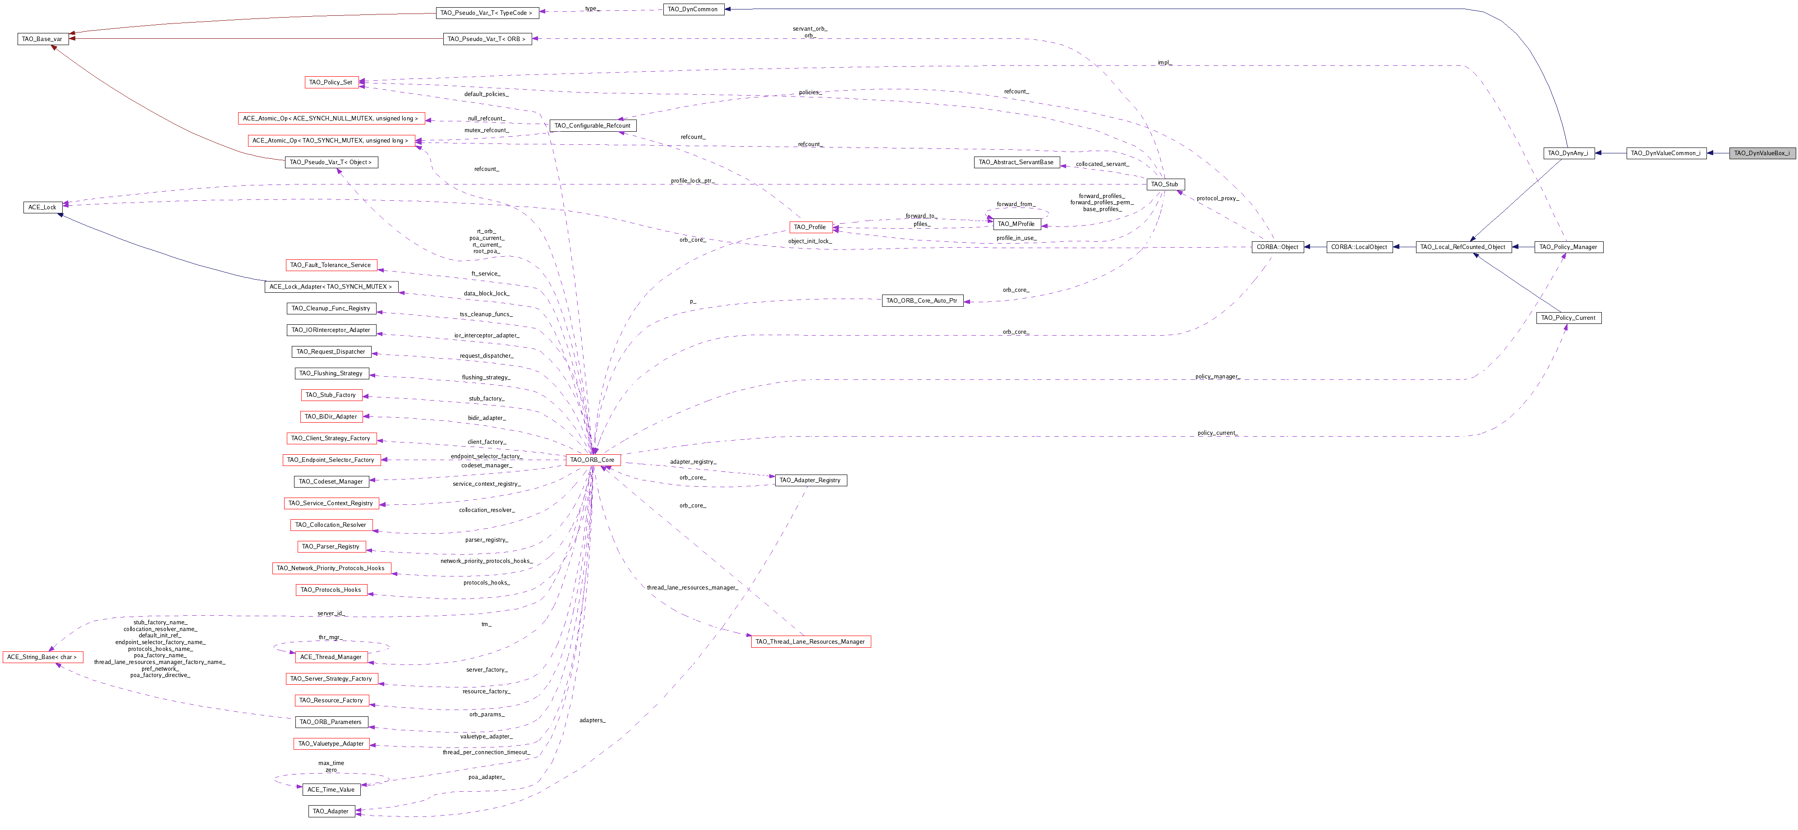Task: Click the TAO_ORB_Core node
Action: (x=592, y=460)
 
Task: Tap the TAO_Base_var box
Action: (x=42, y=39)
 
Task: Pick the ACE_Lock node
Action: (x=42, y=207)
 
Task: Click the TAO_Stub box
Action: (x=1165, y=184)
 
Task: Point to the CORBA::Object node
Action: (x=1277, y=247)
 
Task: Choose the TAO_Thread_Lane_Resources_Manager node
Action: (x=810, y=641)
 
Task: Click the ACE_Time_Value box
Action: (x=331, y=789)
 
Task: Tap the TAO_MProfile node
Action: (x=1016, y=224)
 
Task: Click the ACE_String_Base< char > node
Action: (x=42, y=657)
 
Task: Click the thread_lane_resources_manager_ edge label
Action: (x=692, y=588)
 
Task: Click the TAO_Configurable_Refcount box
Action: (x=593, y=126)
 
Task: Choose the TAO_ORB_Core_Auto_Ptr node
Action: (x=922, y=301)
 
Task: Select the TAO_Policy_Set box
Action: (x=331, y=83)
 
